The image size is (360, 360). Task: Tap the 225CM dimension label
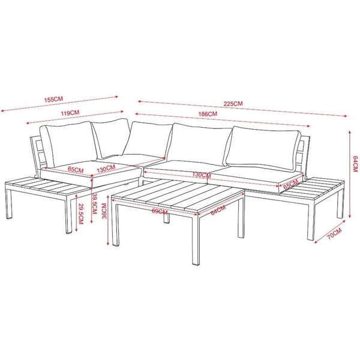(233, 103)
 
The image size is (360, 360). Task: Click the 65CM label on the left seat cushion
(76, 170)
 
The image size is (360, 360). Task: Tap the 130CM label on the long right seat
(202, 175)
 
